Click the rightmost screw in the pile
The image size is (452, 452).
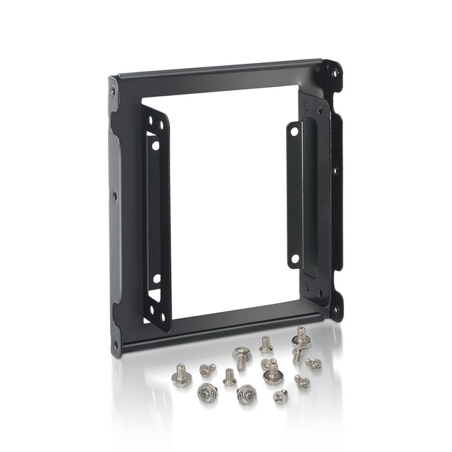pos(314,363)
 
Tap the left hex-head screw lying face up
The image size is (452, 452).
pos(207,392)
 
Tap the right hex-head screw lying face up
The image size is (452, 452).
pos(247,395)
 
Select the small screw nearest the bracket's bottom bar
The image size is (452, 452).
pos(266,343)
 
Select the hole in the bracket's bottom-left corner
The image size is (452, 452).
pos(116,344)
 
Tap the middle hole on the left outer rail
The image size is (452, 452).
pos(114,197)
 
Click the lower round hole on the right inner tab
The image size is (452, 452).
pos(294,259)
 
